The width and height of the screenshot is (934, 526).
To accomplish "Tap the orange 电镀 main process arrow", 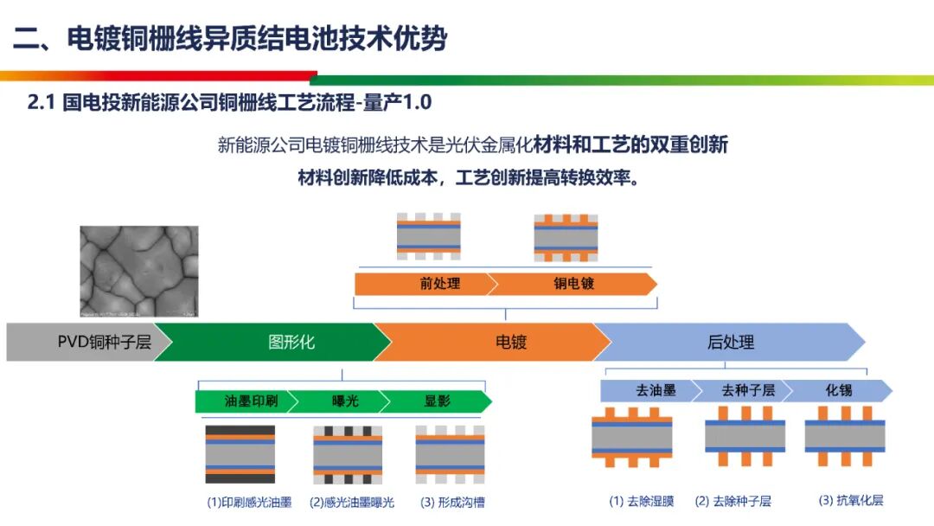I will click(x=493, y=342).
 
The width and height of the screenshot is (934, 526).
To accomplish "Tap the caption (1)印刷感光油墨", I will click(x=249, y=502).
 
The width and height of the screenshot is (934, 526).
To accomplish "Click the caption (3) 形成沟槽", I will click(x=452, y=502).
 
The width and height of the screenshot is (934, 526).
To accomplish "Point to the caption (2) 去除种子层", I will click(x=732, y=501).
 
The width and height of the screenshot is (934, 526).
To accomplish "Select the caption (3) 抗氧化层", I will click(x=851, y=500).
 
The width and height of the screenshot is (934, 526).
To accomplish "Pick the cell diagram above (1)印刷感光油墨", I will click(x=240, y=453).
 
